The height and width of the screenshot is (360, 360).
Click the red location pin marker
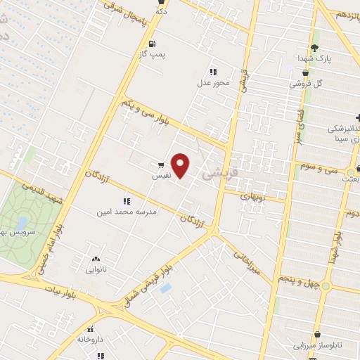pyautogui.click(x=181, y=165)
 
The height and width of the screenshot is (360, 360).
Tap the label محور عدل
pyautogui.click(x=213, y=82)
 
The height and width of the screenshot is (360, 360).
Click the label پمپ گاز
pyautogui.click(x=152, y=53)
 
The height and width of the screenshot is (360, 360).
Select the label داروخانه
pyautogui.click(x=90, y=339)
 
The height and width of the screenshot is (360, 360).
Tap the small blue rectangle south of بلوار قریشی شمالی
pyautogui.click(x=165, y=288)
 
